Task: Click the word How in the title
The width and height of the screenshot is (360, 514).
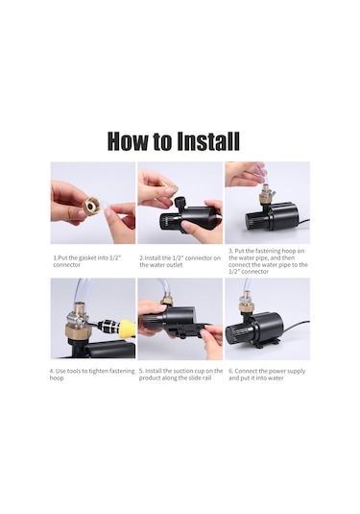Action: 129,141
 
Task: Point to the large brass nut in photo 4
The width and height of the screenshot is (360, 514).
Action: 77,330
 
